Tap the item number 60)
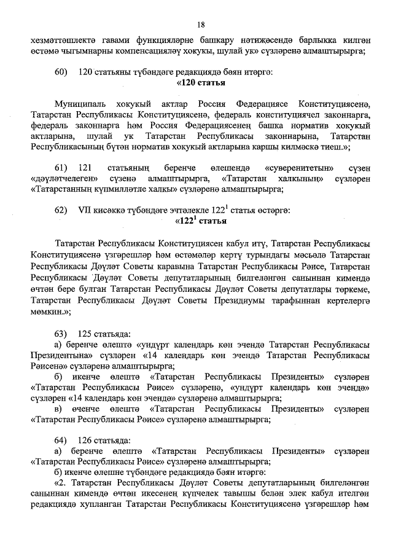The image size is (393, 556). click(x=61, y=72)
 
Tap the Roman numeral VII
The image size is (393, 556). click(x=85, y=210)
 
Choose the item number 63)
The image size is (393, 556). click(x=61, y=334)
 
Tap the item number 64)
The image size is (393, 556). click(x=61, y=440)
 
